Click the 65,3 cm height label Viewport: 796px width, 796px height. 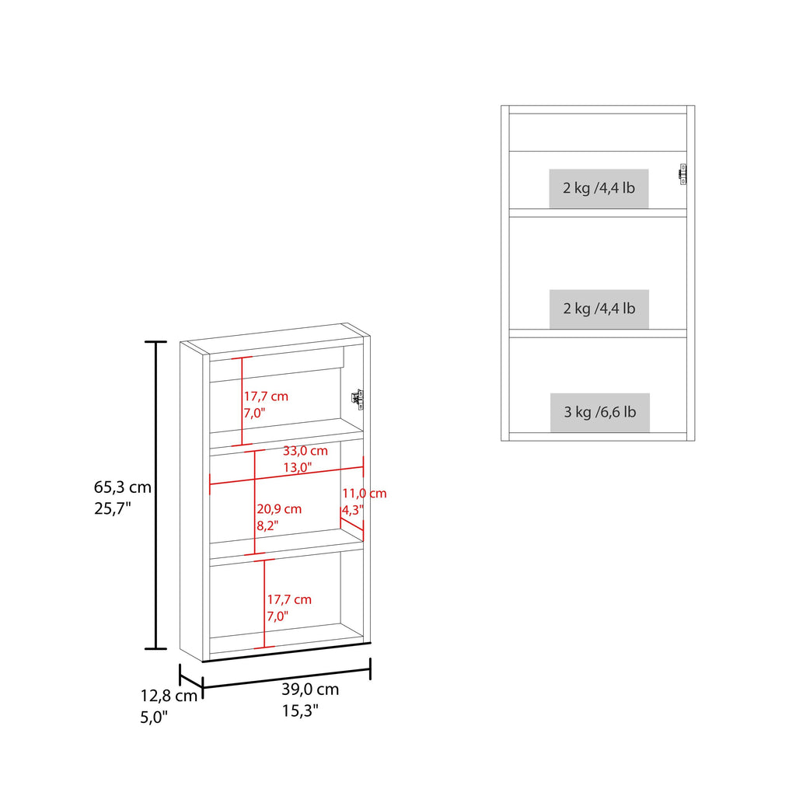click(123, 487)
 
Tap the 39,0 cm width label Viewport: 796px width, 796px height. click(310, 690)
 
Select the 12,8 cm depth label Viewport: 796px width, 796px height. click(169, 696)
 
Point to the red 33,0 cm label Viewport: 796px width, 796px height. click(305, 451)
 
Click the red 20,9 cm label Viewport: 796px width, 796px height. click(279, 509)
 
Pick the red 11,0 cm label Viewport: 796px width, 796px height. click(364, 494)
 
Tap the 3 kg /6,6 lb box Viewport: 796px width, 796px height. click(599, 412)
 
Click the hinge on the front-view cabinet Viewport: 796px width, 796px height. click(683, 174)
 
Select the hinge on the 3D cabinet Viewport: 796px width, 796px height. click(358, 400)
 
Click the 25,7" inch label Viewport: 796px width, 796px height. click(113, 508)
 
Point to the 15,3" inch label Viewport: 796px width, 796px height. click(300, 710)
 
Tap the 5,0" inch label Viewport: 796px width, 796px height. click(154, 717)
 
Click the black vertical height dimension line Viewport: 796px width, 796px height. click(155, 495)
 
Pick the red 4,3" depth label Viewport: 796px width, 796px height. click(352, 510)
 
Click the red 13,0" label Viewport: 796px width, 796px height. click(298, 467)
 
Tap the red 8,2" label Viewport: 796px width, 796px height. click(267, 526)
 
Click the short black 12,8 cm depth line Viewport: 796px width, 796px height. click(191, 681)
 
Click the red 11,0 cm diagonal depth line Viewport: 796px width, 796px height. click(352, 524)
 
